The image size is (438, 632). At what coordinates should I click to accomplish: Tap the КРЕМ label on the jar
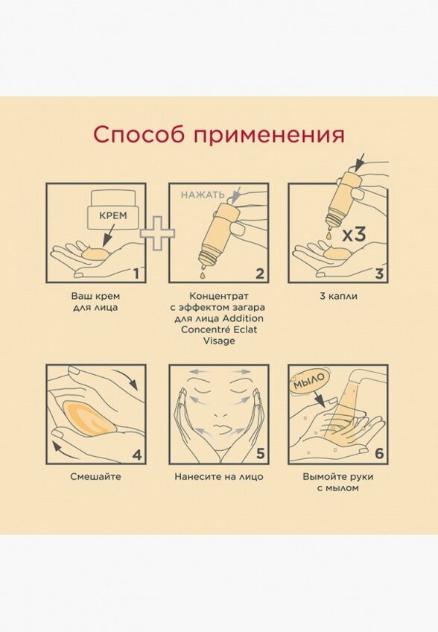(112, 215)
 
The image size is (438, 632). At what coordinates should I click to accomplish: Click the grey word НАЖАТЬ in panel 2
(203, 195)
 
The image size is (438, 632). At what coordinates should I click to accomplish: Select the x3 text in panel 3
(354, 235)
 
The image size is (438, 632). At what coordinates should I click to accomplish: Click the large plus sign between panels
(158, 234)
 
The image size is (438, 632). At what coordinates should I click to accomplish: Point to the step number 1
(136, 274)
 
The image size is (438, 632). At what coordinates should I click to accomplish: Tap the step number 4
(137, 455)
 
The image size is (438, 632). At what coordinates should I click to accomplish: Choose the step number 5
(260, 454)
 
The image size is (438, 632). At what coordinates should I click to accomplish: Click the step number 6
(379, 454)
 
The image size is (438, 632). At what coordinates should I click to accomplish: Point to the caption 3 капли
(338, 297)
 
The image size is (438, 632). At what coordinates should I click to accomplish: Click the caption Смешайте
(95, 477)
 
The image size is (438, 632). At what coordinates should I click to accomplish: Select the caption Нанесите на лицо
(219, 477)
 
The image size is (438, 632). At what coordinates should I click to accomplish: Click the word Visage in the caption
(219, 341)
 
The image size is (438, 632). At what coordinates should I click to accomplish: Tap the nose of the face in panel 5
(219, 414)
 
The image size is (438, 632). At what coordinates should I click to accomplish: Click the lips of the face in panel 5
(218, 427)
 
